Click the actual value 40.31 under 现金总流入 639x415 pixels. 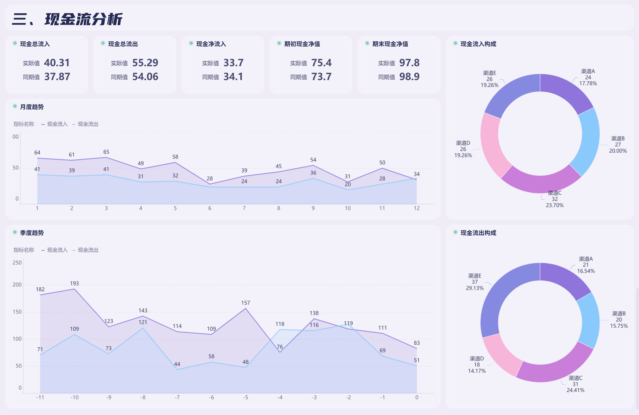tap(57, 63)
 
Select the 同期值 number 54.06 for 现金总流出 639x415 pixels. tap(145, 77)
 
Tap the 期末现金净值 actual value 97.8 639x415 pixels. tap(409, 63)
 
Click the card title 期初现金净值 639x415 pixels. tap(302, 44)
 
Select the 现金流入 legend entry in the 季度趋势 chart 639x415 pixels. tap(57, 250)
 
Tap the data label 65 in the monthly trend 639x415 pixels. tap(106, 152)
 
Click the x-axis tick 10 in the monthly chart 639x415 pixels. tap(347, 208)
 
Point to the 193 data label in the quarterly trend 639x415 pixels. tap(74, 283)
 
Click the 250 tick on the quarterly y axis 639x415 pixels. tap(17, 263)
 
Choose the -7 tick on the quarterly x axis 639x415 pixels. tap(177, 397)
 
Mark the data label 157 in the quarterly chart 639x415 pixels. tap(245, 303)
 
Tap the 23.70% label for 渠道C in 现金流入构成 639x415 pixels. tap(554, 205)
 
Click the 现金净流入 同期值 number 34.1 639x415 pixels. tap(233, 77)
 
